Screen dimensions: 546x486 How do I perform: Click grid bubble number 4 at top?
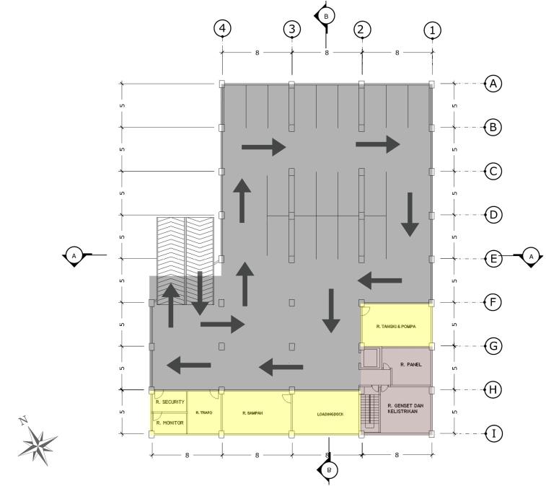click(222, 29)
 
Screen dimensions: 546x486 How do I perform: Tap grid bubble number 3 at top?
click(291, 29)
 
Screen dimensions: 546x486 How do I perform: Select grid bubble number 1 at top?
click(432, 30)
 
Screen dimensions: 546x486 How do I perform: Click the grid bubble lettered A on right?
click(493, 84)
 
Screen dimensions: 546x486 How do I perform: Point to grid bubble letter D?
click(493, 215)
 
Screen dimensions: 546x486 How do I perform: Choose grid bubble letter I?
click(493, 434)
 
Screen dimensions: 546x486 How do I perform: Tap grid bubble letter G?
click(493, 346)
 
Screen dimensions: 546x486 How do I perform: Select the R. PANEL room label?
click(411, 365)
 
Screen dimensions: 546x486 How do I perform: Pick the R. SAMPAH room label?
click(252, 413)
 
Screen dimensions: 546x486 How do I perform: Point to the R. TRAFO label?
click(203, 412)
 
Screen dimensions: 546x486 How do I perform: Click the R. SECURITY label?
click(171, 402)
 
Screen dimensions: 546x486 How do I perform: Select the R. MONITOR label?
click(170, 423)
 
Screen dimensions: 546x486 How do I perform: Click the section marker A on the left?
click(74, 255)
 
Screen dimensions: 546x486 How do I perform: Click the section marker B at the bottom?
click(329, 469)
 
